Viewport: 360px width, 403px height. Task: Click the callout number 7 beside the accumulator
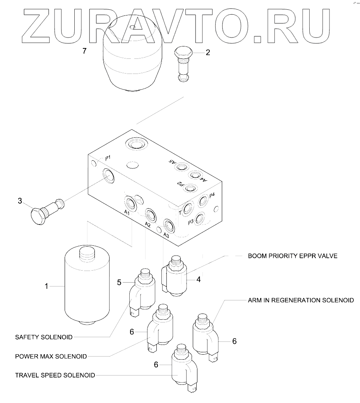(85, 51)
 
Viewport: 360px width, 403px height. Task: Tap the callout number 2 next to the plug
(207, 52)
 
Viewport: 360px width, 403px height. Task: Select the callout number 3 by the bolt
(20, 201)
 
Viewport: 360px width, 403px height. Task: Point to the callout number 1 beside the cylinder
(46, 286)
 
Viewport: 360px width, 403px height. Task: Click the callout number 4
(198, 279)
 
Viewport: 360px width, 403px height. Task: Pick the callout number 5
(120, 282)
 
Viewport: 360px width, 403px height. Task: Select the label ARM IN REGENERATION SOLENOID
(301, 300)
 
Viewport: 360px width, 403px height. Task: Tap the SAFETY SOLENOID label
(44, 337)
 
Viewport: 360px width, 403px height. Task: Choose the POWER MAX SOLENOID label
(51, 356)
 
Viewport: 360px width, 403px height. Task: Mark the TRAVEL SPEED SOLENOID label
(55, 375)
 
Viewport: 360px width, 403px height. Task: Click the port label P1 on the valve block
(108, 158)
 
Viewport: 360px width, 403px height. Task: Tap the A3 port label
(166, 235)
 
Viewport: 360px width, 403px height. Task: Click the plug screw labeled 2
(183, 63)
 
